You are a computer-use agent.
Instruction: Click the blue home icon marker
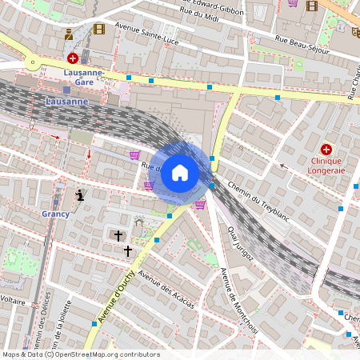(180, 173)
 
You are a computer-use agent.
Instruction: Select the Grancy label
(56, 214)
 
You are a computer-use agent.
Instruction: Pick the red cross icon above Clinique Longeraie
(326, 149)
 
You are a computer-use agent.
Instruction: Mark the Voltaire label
(13, 302)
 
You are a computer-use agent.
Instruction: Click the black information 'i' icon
(79, 194)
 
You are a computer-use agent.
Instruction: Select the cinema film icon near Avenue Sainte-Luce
(99, 29)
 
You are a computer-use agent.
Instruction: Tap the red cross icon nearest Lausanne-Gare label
(73, 58)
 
